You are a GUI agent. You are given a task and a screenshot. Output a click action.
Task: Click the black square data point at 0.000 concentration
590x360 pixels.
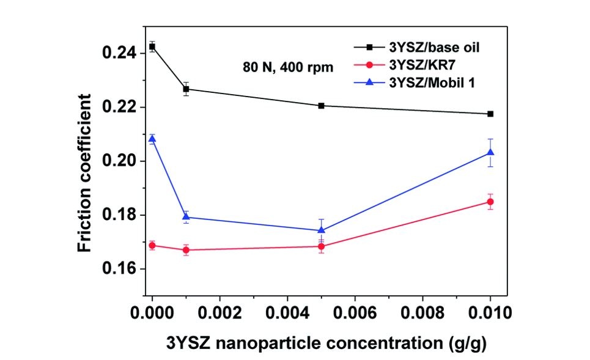(x=152, y=46)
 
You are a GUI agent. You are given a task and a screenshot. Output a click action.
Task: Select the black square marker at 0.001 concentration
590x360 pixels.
(x=186, y=89)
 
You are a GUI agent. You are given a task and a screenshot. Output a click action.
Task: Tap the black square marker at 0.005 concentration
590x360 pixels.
(x=322, y=106)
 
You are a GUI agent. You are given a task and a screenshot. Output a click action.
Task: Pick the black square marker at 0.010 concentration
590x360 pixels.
(x=490, y=114)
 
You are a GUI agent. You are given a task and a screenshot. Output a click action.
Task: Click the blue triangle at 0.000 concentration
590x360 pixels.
(x=152, y=139)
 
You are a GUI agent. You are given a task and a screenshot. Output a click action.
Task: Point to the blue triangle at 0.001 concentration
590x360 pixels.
(x=186, y=217)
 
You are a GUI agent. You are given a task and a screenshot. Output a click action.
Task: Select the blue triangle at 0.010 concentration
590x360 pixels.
(x=490, y=152)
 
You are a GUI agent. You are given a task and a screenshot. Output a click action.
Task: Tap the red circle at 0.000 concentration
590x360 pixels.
(x=152, y=246)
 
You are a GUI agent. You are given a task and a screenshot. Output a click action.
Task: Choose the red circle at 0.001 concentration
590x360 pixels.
(x=186, y=250)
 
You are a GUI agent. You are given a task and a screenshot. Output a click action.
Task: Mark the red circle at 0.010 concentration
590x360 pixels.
(x=490, y=202)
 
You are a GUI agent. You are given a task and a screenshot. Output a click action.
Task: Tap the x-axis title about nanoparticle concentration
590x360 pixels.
(x=326, y=343)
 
